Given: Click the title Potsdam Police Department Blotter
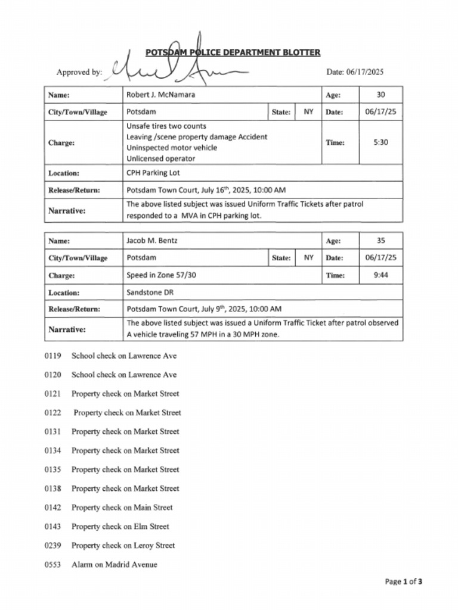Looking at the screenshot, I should coord(233,53).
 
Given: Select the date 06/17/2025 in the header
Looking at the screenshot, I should coord(355,72).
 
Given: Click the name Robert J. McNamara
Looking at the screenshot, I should coord(160,95).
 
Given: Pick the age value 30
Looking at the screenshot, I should coord(380,95).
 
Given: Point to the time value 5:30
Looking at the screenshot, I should coord(380,143).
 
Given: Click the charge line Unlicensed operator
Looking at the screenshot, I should coord(160,158).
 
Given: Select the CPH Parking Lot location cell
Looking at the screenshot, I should coord(153,173).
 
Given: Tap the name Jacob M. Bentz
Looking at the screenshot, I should coord(151,241).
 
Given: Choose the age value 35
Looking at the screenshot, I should coord(380,241).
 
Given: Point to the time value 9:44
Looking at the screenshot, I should coord(380,275).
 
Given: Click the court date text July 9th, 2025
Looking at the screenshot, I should coord(224,309).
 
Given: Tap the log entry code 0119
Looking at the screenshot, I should coord(52,356).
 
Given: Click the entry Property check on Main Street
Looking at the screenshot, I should coord(122,508).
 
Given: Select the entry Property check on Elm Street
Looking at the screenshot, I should coord(120,527).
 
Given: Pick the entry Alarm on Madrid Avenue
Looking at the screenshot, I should coord(114,564).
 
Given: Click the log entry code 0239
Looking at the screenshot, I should coord(52,546).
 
